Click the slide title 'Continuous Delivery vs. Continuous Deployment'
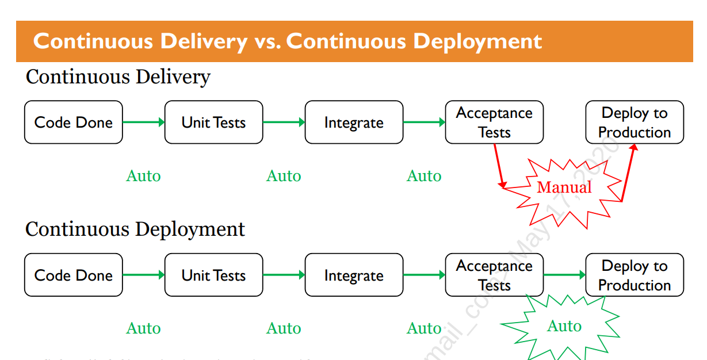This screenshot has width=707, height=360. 288,41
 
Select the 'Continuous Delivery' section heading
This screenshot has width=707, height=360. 118,76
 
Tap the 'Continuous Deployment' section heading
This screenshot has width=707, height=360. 135,229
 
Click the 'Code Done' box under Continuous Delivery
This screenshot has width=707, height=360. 74,122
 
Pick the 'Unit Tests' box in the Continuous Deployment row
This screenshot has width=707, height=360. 213,275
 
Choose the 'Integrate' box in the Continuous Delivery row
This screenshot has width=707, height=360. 354,122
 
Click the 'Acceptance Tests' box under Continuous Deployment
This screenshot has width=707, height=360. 494,275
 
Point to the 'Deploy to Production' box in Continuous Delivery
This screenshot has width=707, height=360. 635,122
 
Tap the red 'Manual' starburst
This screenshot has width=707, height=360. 564,187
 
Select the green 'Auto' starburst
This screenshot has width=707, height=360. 564,327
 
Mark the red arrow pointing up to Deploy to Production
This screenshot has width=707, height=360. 628,173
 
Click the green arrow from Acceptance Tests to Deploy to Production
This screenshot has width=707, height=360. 564,275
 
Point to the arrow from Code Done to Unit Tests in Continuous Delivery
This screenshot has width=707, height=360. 144,122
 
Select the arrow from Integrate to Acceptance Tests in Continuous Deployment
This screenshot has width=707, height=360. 424,275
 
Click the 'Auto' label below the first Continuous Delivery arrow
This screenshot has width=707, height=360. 143,176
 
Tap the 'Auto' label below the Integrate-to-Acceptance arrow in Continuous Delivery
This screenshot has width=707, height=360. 424,176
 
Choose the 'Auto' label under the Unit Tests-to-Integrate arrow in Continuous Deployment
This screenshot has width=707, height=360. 284,328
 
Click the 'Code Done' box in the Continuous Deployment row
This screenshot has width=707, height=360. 74,275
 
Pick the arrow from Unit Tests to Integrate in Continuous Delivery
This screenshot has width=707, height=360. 284,122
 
